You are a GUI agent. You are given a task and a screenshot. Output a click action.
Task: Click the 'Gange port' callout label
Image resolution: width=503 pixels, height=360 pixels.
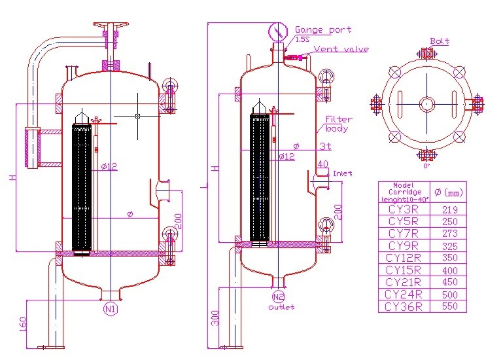322,29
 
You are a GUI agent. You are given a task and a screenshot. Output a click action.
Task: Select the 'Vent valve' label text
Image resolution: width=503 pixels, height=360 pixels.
341,49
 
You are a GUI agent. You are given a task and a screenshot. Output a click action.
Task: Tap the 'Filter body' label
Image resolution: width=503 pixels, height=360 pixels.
338,124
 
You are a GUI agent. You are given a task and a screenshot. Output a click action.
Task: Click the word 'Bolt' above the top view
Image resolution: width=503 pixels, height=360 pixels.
440,41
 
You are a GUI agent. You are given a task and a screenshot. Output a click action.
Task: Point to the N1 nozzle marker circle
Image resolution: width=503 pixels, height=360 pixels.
110,307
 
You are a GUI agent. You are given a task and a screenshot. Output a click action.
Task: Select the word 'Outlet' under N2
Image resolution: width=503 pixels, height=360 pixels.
281,307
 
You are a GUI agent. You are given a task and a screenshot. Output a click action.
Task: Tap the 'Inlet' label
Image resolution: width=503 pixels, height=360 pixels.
342,173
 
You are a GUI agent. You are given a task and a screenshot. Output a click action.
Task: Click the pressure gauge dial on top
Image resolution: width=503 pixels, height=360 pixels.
278,31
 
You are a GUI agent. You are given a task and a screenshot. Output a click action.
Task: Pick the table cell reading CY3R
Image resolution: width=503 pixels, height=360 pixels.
404,210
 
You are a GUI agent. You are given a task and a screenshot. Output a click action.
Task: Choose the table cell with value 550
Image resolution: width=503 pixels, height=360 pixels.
450,306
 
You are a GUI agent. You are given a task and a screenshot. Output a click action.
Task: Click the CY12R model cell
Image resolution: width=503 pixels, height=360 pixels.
404,258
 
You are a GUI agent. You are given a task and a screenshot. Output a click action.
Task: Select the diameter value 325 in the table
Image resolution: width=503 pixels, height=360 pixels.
450,246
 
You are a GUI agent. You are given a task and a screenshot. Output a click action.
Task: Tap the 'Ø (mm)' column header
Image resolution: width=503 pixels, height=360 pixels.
449,192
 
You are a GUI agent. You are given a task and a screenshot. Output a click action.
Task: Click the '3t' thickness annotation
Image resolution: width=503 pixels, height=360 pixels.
324,146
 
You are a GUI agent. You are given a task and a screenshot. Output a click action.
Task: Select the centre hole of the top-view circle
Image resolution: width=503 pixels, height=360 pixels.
426,103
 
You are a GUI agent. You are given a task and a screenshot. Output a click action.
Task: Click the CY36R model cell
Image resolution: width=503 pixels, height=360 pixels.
404,306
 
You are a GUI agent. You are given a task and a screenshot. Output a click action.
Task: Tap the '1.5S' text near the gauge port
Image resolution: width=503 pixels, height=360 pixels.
302,39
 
